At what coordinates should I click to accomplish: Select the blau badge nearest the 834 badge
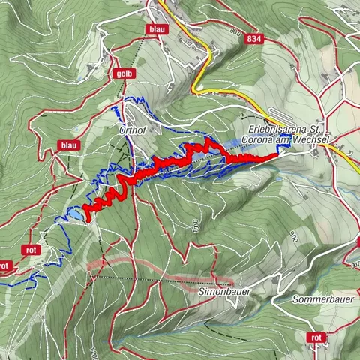pos(157,29)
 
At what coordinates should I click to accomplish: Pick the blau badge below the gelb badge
pos(70,145)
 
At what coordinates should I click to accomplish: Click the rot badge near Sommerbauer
pos(318,338)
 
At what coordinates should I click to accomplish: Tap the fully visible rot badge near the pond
pos(31,250)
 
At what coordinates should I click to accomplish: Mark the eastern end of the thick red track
pos(276,157)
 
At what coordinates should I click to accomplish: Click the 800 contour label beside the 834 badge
pos(235,33)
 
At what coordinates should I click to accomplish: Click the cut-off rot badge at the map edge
pos(4,265)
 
